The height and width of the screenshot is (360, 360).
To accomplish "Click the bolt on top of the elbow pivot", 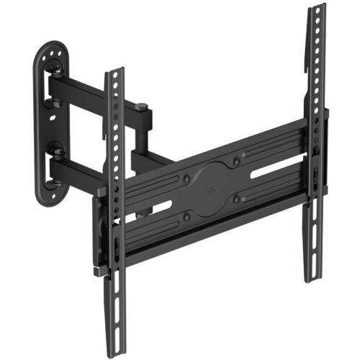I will click(143, 108).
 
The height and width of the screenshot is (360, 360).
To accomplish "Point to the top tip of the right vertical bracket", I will click(316, 9).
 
